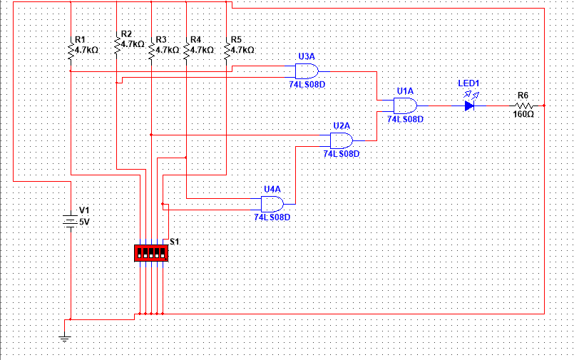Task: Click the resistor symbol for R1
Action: point(71,51)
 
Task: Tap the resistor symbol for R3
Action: point(151,51)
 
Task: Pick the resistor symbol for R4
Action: point(186,51)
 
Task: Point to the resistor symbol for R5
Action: point(227,51)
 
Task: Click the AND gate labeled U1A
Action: point(406,106)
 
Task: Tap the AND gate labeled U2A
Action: point(342,139)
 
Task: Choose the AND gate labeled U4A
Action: point(272,203)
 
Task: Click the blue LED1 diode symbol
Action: point(469,106)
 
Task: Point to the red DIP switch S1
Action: point(150,253)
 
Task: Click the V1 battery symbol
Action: point(70,221)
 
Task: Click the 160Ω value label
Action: point(523,114)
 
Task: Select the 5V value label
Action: point(84,222)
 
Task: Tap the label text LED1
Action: point(468,83)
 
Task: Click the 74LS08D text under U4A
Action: point(272,217)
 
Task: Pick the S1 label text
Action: point(175,242)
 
